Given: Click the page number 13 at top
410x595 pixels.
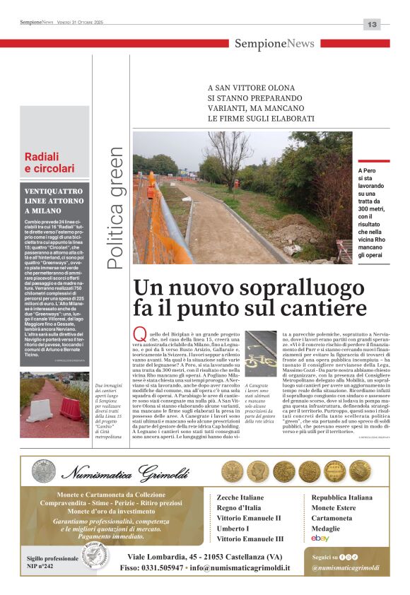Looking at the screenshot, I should pyautogui.click(x=372, y=24).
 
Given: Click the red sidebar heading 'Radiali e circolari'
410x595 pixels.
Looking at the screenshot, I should pyautogui.click(x=49, y=163).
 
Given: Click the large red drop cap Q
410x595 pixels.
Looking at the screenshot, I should pyautogui.click(x=140, y=334).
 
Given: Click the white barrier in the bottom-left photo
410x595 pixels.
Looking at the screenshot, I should pyautogui.click(x=40, y=411).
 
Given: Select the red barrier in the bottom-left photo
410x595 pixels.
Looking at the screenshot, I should pyautogui.click(x=71, y=408).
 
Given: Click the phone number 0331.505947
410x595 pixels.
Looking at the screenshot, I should pyautogui.click(x=160, y=567).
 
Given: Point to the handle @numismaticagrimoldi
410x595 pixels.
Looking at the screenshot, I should pyautogui.click(x=346, y=567).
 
